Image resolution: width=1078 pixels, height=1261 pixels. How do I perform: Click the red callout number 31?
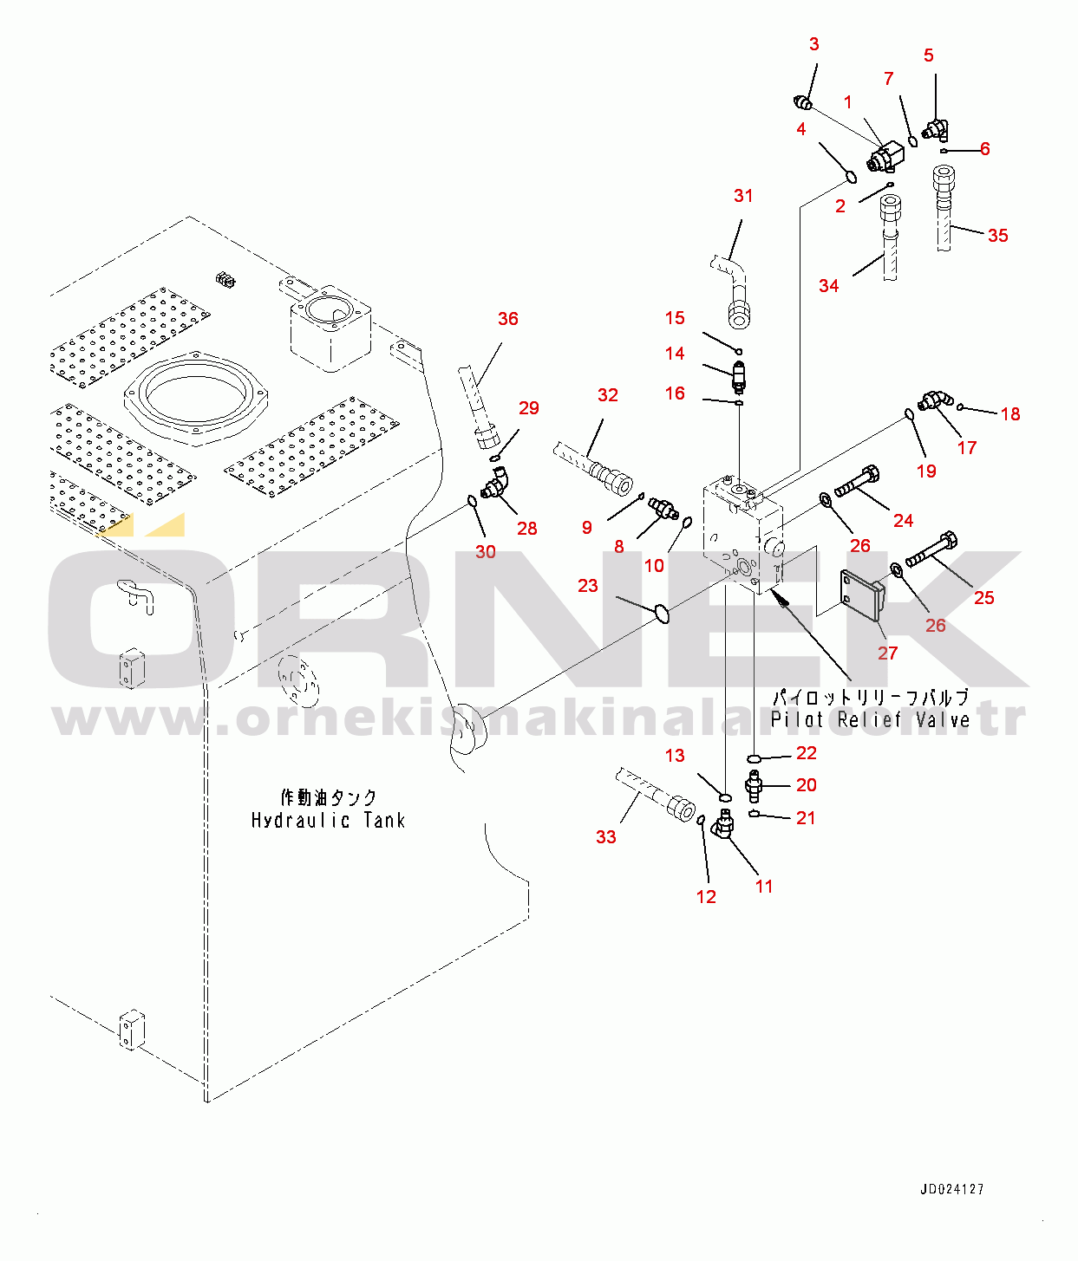pos(743,196)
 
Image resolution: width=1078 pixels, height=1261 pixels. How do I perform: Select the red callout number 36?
pos(508,319)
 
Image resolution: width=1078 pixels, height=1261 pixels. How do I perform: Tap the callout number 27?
pos(887,653)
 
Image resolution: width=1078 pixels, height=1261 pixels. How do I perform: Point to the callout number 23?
pos(588,586)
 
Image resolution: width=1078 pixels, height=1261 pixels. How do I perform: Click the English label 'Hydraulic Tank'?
pos(328,820)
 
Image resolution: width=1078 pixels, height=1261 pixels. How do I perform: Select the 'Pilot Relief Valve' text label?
pos(870,719)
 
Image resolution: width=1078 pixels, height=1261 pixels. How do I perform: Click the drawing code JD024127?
pos(952,1190)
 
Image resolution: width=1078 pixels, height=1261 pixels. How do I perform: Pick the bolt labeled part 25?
pos(931,549)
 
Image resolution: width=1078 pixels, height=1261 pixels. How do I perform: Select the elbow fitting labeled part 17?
pos(934,400)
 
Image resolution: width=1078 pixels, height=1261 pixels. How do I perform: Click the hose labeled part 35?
pos(944,208)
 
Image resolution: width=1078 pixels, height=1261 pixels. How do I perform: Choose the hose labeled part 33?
pos(655,794)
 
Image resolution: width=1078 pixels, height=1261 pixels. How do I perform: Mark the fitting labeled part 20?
pos(753,786)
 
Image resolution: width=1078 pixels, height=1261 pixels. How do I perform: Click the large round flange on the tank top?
pos(194,397)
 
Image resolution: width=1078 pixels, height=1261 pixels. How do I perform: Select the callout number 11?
pos(764,886)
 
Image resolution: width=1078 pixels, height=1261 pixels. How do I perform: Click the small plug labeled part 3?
pos(803,104)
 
